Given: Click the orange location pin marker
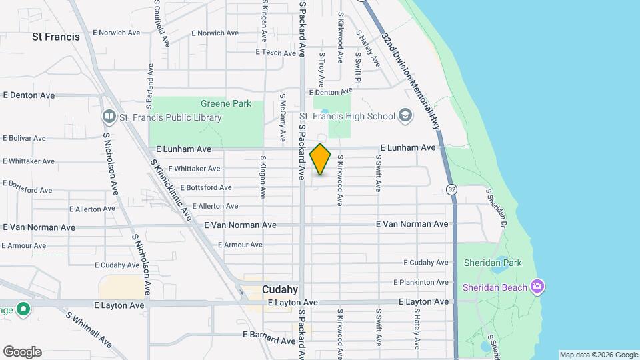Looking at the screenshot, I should point(321,159).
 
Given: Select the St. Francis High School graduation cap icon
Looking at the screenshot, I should point(405,116).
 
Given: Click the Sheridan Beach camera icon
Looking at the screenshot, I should point(537,287).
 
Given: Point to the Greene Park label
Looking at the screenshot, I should point(226,103).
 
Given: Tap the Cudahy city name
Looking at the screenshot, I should point(279,289).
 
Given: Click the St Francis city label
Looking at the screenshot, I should point(56,37).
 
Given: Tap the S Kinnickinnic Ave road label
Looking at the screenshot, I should point(171,190).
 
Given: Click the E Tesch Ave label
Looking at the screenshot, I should point(275,53).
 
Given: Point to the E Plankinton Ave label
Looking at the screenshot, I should point(421,283).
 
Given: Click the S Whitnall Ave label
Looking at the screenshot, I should point(89,328).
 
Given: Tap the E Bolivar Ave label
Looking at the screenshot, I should point(24,138).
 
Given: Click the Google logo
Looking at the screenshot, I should point(22,352).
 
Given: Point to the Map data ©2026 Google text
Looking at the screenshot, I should point(599,355).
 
